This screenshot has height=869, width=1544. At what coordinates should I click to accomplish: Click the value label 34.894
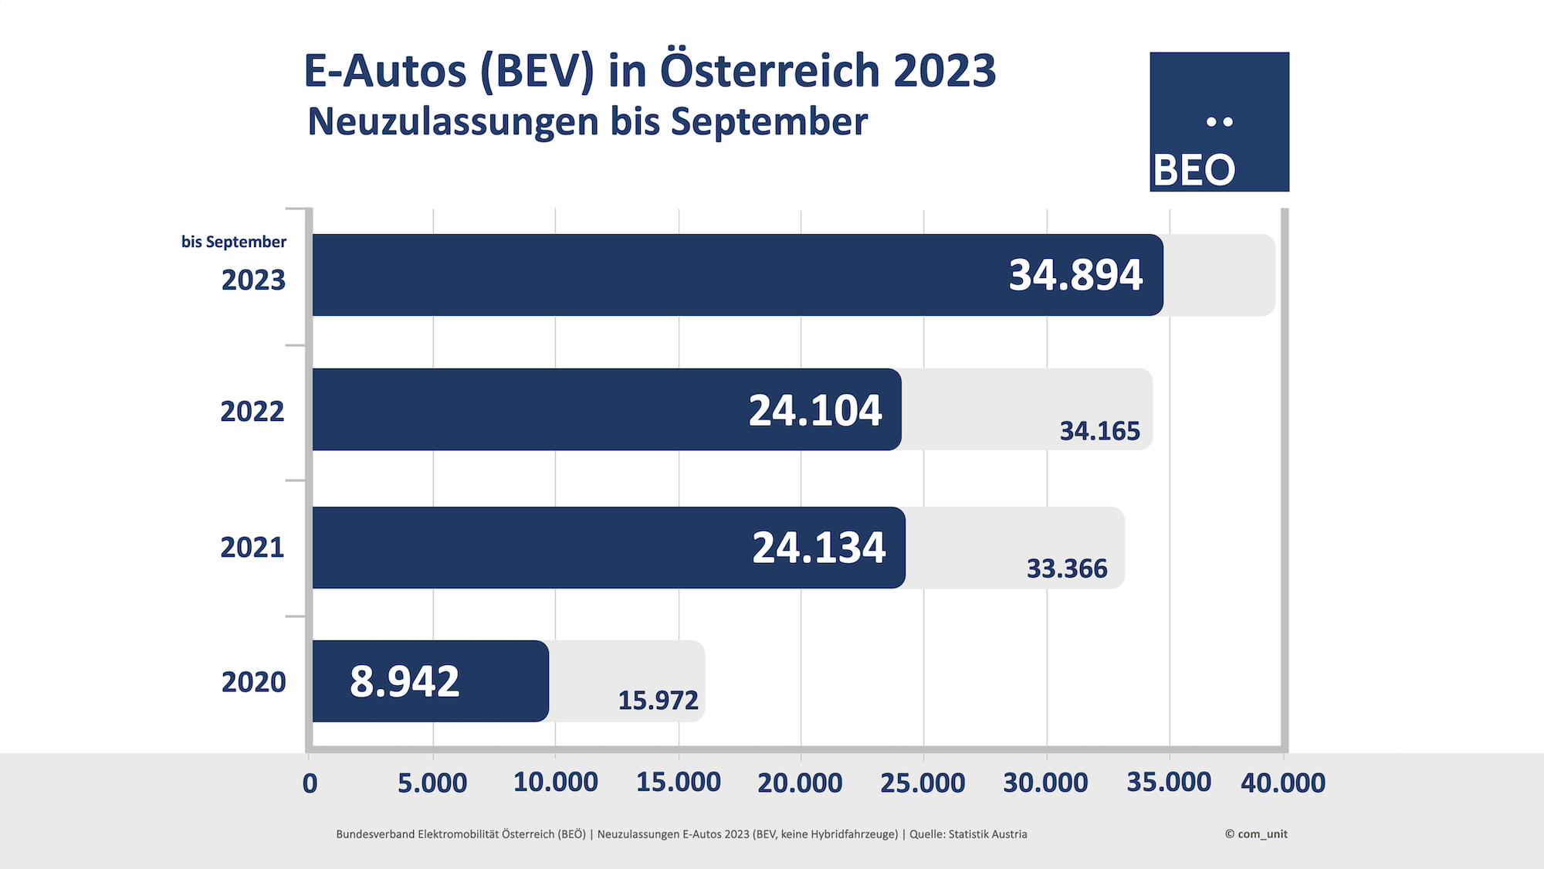(x=1075, y=275)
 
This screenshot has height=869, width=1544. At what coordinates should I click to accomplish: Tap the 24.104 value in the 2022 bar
(x=815, y=410)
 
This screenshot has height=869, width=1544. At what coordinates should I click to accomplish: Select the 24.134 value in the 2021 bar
(x=819, y=548)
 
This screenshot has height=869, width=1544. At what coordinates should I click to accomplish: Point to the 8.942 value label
(x=405, y=681)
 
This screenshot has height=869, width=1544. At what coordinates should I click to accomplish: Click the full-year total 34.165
(x=1099, y=431)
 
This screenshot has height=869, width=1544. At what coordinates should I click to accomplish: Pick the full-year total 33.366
(x=1067, y=569)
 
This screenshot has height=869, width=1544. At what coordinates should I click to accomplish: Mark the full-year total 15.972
(x=658, y=701)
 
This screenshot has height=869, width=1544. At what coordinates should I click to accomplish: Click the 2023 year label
(x=253, y=280)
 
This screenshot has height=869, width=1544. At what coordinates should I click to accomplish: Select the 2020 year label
(x=253, y=682)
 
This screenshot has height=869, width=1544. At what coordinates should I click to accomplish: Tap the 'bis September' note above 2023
(x=233, y=242)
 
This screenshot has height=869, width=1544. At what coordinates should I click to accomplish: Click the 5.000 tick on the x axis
(x=432, y=782)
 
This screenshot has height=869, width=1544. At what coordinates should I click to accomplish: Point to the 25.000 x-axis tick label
(x=923, y=782)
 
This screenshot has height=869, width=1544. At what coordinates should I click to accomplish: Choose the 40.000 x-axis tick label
(x=1282, y=782)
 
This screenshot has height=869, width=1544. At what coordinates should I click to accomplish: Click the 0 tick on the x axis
(x=310, y=783)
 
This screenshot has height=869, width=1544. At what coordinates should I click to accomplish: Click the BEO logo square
(x=1219, y=122)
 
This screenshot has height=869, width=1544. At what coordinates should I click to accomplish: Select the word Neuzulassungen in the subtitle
(x=453, y=122)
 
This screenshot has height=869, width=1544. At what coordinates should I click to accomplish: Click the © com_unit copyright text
(x=1256, y=834)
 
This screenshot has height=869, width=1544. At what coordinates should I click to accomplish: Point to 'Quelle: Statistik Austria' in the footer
(x=968, y=834)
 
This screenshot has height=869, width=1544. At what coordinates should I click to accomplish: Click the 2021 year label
(x=252, y=548)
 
